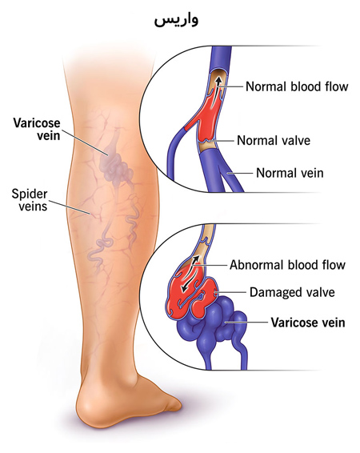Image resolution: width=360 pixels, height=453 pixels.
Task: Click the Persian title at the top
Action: coord(176,20)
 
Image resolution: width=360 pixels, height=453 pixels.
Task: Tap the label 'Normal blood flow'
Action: coord(297,86)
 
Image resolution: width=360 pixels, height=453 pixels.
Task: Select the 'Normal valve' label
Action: coord(274,140)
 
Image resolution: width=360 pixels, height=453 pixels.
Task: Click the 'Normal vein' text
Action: coord(290,173)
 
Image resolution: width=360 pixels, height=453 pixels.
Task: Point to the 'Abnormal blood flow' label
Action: coord(287,265)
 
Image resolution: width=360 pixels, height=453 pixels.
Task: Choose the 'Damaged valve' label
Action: coord(292,292)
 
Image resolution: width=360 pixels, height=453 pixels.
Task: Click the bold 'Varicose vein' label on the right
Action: coord(308,323)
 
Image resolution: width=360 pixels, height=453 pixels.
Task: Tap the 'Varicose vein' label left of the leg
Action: coord(37,129)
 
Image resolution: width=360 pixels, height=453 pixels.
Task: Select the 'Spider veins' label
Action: coord(29,200)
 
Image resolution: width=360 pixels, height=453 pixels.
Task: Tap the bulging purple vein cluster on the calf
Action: coord(115,166)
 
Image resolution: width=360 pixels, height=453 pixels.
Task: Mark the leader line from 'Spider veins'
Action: coord(70,207)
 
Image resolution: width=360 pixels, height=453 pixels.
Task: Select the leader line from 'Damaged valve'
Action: coord(230,292)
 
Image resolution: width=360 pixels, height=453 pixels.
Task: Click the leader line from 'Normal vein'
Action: coord(241,174)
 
